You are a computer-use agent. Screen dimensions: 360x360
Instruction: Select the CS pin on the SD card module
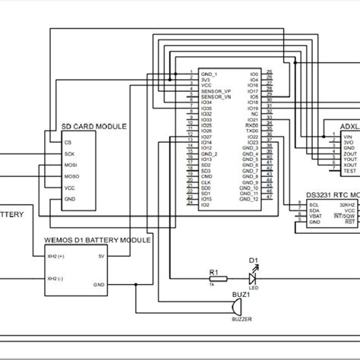click(68, 141)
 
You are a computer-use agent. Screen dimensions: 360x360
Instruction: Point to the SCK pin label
click(69, 153)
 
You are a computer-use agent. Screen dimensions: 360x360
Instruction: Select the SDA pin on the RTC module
click(314, 210)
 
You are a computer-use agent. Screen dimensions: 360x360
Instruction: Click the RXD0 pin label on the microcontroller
click(253, 126)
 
